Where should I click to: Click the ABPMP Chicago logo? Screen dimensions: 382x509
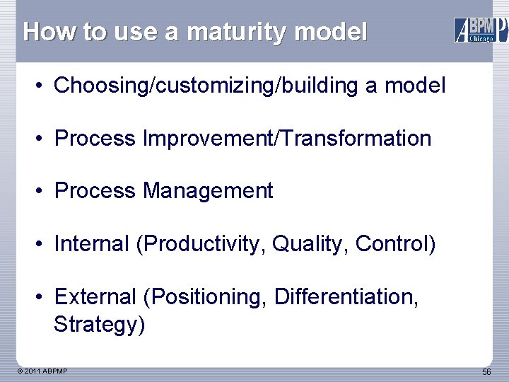click(x=480, y=30)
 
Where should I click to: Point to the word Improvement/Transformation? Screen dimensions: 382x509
click(x=287, y=139)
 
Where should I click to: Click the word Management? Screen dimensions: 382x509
click(x=208, y=191)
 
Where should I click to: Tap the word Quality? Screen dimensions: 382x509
click(x=310, y=244)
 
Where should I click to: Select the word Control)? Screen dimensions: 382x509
click(x=396, y=244)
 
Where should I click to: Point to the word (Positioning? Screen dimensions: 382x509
click(x=205, y=296)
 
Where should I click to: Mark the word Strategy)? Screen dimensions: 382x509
click(x=99, y=325)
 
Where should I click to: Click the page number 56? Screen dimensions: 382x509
click(x=486, y=372)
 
